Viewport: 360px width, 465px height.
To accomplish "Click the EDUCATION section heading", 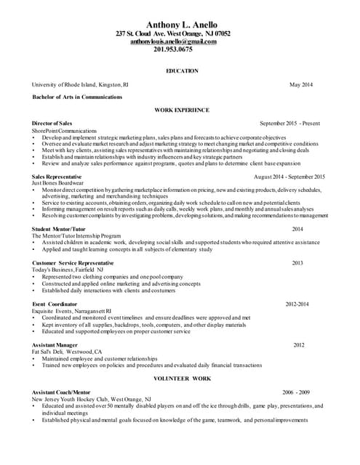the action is click(182, 71).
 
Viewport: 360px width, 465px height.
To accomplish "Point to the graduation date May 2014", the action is click(300, 85).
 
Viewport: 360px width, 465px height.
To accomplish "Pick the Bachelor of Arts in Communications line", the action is click(77, 97).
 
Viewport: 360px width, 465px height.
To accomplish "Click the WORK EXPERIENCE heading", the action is click(182, 110).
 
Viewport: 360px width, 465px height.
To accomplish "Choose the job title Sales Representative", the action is click(57, 177).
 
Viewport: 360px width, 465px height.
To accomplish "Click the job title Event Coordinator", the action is click(57, 303).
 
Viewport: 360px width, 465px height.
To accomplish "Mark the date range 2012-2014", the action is click(297, 303).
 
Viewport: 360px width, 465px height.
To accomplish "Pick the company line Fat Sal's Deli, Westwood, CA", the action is click(67, 352).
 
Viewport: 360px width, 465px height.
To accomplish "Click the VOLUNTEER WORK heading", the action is click(182, 379).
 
